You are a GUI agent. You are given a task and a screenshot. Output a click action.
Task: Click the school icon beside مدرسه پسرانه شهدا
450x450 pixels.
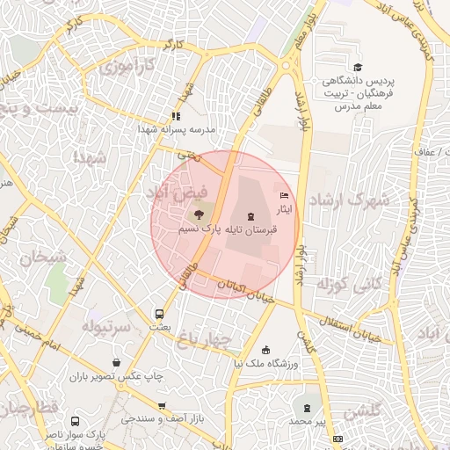176,115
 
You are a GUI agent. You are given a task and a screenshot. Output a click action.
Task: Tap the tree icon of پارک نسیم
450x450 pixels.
199,214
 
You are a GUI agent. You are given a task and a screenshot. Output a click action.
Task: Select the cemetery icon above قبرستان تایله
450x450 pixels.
252,216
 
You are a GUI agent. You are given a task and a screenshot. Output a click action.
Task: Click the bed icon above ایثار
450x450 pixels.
283,195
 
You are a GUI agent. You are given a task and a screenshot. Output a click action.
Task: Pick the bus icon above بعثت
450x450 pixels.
159,313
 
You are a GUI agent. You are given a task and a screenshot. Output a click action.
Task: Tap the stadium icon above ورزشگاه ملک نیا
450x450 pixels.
266,350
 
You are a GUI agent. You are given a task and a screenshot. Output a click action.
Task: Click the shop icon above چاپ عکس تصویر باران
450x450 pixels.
117,362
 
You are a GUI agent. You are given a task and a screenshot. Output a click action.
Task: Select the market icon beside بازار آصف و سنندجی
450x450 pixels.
161,406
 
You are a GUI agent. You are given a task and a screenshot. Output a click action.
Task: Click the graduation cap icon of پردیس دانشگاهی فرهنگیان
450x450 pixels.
358,68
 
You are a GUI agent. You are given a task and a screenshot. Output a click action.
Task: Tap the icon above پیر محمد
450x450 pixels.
307,408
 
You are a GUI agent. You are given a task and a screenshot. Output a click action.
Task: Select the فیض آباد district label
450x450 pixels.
178,190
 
